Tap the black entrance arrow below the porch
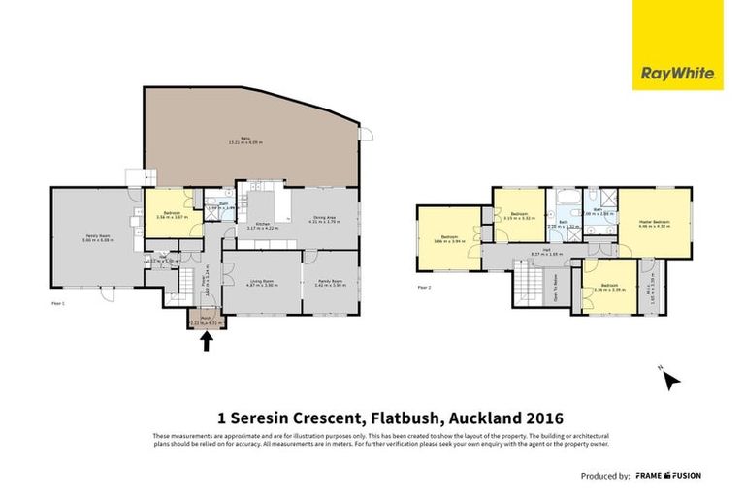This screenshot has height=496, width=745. click(206, 340)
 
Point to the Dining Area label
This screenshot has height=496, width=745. click(324, 220)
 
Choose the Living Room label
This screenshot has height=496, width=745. click(262, 283)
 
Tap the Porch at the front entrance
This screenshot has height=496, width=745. click(206, 320)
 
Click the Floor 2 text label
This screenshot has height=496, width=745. click(423, 287)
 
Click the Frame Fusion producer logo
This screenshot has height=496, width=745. click(668, 476)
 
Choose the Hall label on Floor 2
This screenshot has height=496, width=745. click(546, 251)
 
